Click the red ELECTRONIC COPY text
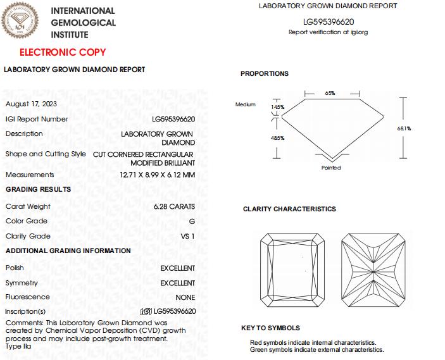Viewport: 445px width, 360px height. click(x=63, y=52)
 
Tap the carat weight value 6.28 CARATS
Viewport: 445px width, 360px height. click(x=174, y=206)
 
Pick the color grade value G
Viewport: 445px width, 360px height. click(x=192, y=221)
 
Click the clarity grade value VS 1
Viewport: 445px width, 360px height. click(x=188, y=236)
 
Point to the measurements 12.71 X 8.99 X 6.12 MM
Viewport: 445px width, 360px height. click(x=157, y=175)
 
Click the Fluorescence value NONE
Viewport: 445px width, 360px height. click(x=185, y=297)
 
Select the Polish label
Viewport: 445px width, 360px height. click(x=15, y=268)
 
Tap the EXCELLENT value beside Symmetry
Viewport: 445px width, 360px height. click(x=177, y=283)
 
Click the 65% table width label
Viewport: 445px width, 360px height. click(x=330, y=93)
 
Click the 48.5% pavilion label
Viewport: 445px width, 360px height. click(x=278, y=137)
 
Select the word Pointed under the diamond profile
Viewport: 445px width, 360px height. click(x=330, y=168)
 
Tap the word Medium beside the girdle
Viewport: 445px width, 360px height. click(x=245, y=104)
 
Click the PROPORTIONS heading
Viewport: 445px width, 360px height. click(x=264, y=73)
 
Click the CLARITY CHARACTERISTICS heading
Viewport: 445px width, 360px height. click(x=289, y=209)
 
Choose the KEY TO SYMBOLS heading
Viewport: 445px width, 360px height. click(x=270, y=328)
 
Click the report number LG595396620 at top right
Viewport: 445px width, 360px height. click(x=328, y=22)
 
